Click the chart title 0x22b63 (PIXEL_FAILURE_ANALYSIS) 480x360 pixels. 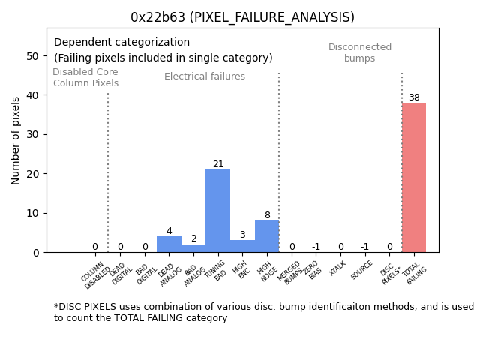click(x=242, y=17)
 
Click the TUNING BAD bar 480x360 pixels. click(x=217, y=211)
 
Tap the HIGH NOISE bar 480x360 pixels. click(x=267, y=236)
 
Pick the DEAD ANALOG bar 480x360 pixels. click(x=169, y=244)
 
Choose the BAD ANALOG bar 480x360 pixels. click(x=193, y=248)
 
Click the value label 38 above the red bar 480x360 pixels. click(x=414, y=97)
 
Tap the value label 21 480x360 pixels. click(x=218, y=164)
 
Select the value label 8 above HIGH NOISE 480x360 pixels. click(x=267, y=215)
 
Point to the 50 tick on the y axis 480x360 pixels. click(x=33, y=56)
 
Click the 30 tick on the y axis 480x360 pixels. click(x=33, y=135)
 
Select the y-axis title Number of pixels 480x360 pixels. click(x=16, y=140)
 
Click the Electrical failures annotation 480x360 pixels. click(x=205, y=76)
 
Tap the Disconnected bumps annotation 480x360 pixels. click(x=360, y=53)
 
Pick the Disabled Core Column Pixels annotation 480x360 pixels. click(x=85, y=78)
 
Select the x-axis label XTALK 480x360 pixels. click(x=338, y=268)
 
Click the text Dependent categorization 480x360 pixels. click(x=121, y=43)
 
